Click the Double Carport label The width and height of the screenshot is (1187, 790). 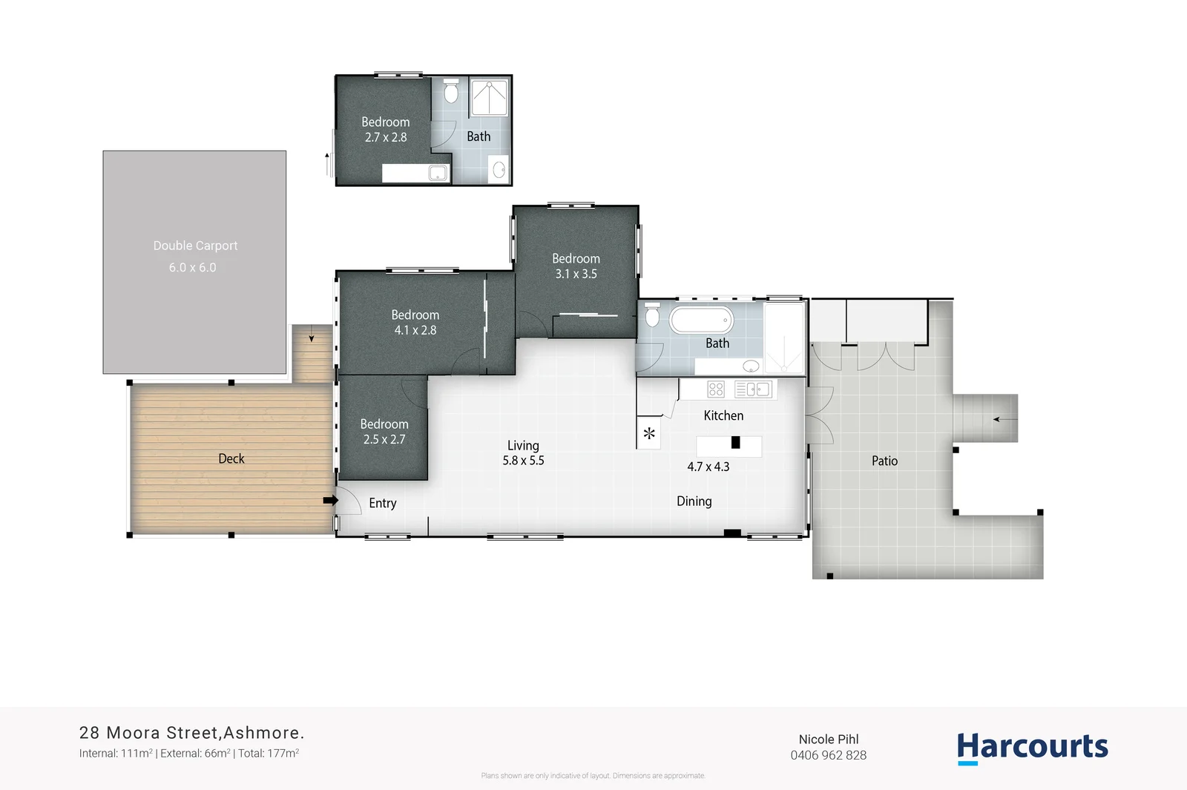point(195,246)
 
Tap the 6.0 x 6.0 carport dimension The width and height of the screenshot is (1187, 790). point(192,268)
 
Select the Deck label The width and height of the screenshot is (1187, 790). point(231,458)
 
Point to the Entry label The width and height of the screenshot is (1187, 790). point(382,503)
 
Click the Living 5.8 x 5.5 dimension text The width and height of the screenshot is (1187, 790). point(523,461)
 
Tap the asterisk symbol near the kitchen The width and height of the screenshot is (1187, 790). point(649,434)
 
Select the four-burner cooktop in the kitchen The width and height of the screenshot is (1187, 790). point(715,389)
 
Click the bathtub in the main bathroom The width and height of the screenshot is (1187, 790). point(701,320)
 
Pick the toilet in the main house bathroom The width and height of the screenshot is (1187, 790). point(652,315)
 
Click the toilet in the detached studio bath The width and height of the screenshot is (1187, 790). point(451,93)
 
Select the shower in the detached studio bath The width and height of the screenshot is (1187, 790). point(490,98)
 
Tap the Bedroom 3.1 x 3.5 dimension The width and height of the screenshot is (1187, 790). point(576,274)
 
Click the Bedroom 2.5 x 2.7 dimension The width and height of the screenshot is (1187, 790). point(384,439)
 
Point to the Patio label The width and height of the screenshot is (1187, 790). point(884,461)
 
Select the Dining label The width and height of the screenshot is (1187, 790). point(694,501)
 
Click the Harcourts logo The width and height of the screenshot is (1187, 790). point(1032,747)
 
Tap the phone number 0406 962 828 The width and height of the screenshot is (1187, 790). point(828,755)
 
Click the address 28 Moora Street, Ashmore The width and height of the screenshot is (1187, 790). point(191,733)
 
